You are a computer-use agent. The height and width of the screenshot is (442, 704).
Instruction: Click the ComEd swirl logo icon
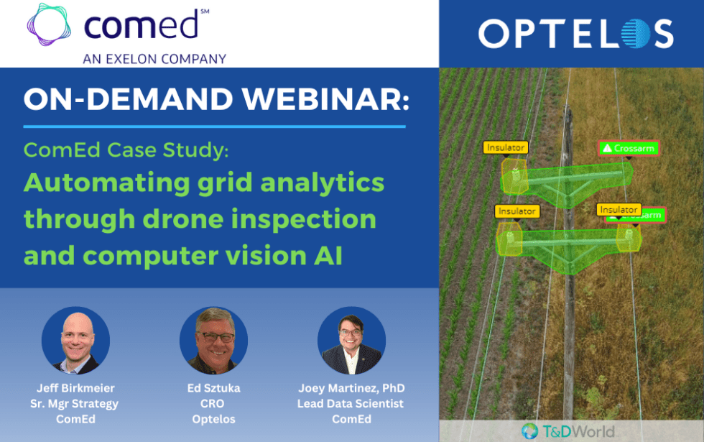click(49, 24)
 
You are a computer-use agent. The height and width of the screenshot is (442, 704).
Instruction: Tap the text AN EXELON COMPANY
click(154, 59)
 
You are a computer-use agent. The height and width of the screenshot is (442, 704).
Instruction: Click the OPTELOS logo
click(576, 34)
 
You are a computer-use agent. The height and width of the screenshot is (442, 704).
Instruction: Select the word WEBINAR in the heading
click(326, 99)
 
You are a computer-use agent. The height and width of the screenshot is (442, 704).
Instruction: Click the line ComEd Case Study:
click(126, 150)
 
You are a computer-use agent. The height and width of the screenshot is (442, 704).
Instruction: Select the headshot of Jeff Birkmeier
click(75, 341)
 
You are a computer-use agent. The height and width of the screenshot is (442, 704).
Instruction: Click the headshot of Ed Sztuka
click(214, 341)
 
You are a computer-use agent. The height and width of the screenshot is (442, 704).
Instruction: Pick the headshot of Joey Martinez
click(351, 341)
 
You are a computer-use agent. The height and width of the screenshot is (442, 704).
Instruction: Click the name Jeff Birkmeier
click(75, 388)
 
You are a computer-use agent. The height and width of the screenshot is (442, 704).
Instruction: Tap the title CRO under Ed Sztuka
click(213, 403)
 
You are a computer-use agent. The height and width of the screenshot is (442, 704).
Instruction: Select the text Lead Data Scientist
click(351, 403)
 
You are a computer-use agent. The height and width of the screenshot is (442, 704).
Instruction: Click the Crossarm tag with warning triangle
click(629, 148)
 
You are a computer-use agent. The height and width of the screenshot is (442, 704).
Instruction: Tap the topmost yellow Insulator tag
click(506, 147)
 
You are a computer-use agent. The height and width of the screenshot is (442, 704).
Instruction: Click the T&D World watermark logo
click(568, 431)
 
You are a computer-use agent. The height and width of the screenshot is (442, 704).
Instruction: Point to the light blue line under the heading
click(215, 126)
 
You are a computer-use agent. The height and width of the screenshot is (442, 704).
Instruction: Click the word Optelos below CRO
click(214, 419)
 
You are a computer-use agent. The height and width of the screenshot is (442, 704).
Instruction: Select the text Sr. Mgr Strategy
click(75, 404)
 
